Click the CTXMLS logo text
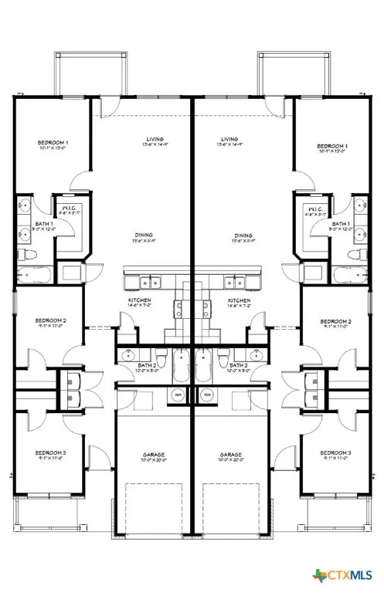[348, 575]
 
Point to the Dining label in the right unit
[243, 236]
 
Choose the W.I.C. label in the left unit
[66, 210]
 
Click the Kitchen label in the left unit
[139, 300]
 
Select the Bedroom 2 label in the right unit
[335, 321]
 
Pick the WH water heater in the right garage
[207, 395]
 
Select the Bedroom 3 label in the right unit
[335, 452]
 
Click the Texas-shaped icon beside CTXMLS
[319, 575]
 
